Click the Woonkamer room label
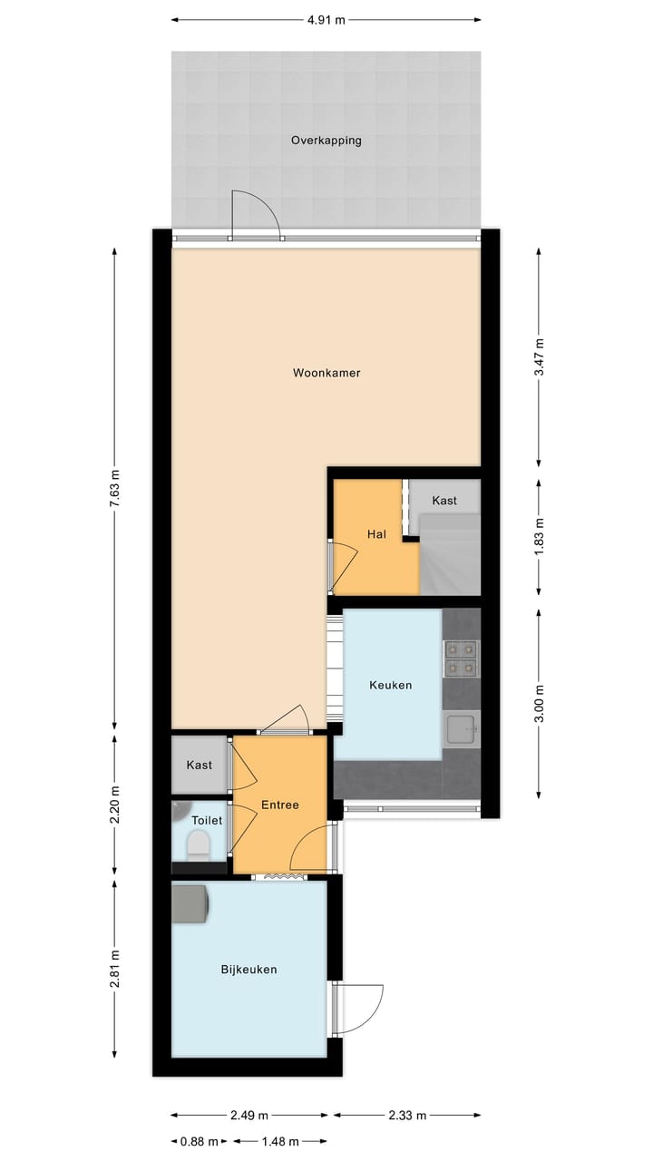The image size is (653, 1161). coord(326,373)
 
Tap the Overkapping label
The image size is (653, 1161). coord(326,141)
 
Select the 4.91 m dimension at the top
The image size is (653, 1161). coord(326,19)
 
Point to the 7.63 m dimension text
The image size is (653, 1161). coord(114,490)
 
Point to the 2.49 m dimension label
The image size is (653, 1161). coord(249,1115)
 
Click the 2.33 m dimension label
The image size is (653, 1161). coord(408,1115)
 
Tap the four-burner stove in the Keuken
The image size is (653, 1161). coord(461,659)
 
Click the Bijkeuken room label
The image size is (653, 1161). coord(249,970)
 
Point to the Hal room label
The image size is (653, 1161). coord(376,534)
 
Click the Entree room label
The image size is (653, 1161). coord(279,805)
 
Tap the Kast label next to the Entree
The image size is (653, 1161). coord(200,766)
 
